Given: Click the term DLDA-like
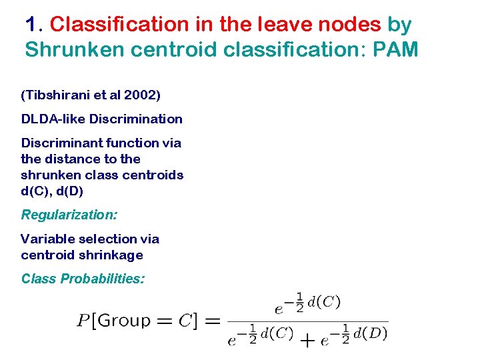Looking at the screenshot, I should click(53, 119).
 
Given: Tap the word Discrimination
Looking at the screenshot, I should click(136, 119).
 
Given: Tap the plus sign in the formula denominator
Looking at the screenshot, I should click(307, 341).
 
